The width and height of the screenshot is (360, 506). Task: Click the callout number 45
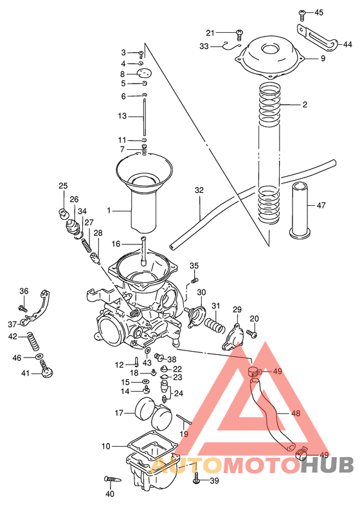tap(319, 13)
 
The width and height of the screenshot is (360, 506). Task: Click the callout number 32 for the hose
tap(199, 191)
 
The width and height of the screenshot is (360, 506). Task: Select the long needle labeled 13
tap(145, 117)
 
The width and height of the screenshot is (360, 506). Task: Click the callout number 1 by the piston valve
tap(109, 210)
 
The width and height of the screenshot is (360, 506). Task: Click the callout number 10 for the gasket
tap(105, 446)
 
